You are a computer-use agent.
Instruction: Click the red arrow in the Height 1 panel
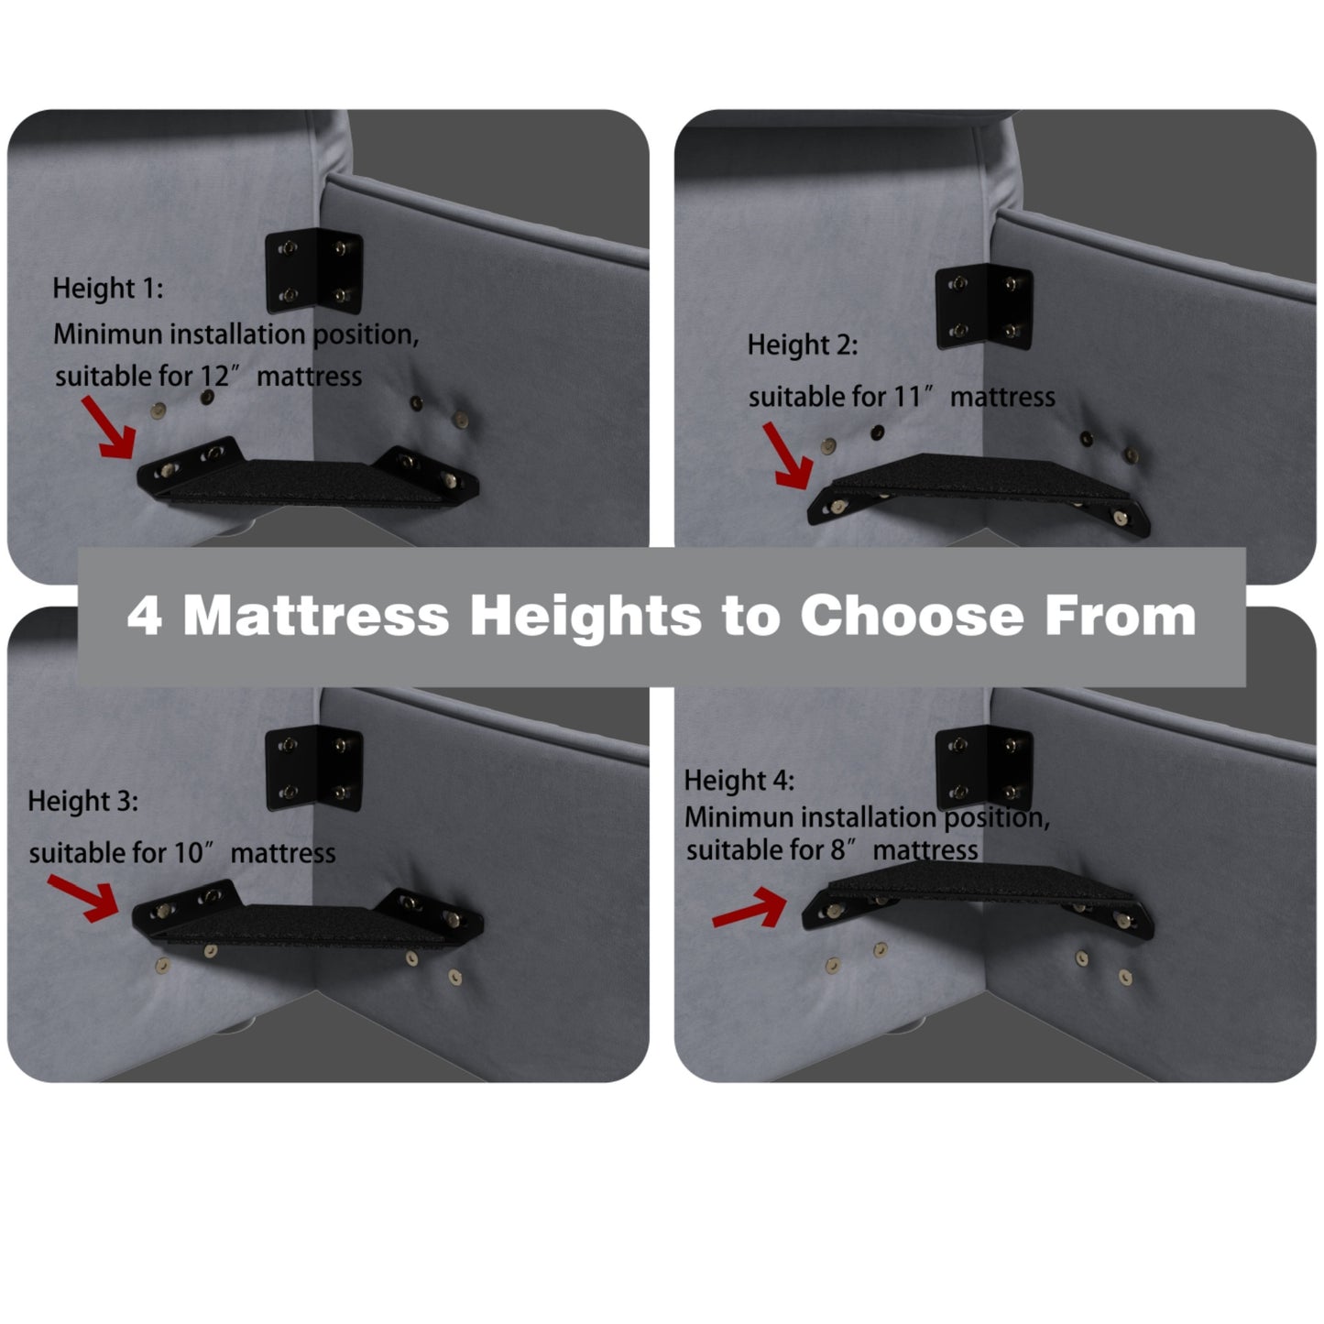point(108,427)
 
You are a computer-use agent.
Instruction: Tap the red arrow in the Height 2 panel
point(788,455)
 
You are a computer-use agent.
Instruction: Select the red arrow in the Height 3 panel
point(84,897)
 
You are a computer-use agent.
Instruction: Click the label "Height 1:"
point(108,288)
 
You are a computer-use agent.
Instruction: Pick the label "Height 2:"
point(803,345)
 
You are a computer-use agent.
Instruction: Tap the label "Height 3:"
point(82,801)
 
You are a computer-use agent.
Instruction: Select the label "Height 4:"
point(739,781)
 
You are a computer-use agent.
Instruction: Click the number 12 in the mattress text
point(215,377)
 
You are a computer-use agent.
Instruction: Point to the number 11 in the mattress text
point(908,397)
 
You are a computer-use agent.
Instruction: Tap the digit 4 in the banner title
point(145,617)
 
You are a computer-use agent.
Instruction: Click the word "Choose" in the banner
point(912,616)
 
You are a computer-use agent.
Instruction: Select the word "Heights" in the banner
point(585,617)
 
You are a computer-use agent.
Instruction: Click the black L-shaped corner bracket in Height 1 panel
point(314,270)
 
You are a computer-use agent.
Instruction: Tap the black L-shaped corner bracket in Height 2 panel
point(985,306)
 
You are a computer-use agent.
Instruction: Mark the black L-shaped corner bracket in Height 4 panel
point(985,768)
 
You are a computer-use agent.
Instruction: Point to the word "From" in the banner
point(1121,616)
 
